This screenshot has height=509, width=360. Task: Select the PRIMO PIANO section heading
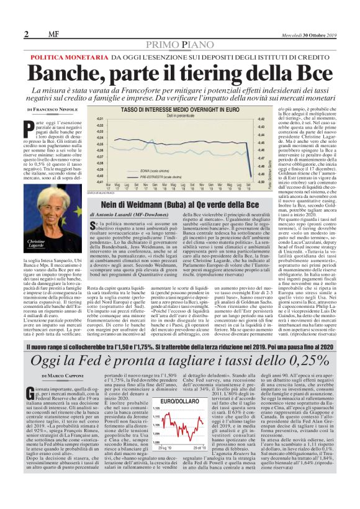[x=179, y=45]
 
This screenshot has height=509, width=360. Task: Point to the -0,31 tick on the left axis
[x=101, y=118]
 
